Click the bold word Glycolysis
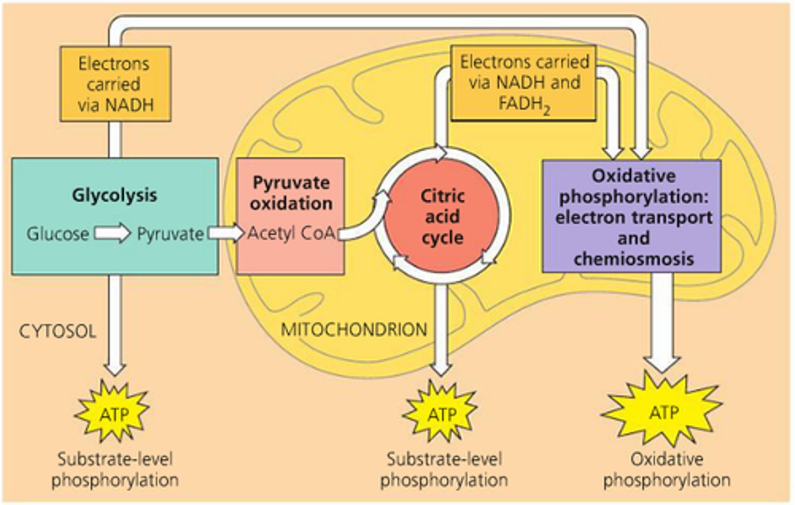tap(114, 195)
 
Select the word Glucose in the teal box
tap(57, 234)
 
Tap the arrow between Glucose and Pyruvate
tap(113, 233)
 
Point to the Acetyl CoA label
tap(291, 233)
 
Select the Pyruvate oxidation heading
tap(291, 193)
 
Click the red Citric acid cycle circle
tap(442, 216)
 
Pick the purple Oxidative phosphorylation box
tap(632, 216)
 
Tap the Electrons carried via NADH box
tap(115, 84)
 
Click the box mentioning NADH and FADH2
tap(523, 83)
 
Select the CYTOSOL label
tap(57, 331)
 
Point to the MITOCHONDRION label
tap(354, 329)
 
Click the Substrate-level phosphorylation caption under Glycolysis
tap(115, 469)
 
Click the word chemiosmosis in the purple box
tap(633, 259)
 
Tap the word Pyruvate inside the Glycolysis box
tap(170, 234)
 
